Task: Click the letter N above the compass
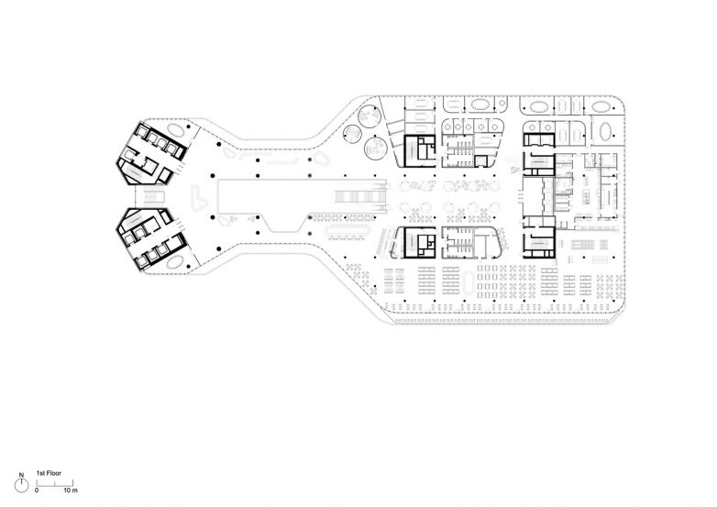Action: click(x=21, y=476)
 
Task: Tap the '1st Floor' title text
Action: click(x=49, y=473)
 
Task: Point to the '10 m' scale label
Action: click(x=71, y=490)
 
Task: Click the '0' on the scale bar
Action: click(x=37, y=490)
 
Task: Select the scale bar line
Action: click(x=55, y=485)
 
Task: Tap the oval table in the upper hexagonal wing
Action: click(x=175, y=130)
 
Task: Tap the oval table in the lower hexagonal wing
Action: click(x=175, y=262)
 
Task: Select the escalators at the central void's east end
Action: click(x=361, y=196)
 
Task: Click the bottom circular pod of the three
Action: click(x=375, y=148)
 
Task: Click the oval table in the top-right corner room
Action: click(x=601, y=106)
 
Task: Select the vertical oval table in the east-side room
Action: click(x=606, y=132)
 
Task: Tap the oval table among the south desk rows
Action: click(x=469, y=283)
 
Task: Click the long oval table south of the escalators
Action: click(x=348, y=231)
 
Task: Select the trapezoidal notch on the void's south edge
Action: click(x=284, y=223)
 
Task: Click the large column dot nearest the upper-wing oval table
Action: click(x=188, y=127)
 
